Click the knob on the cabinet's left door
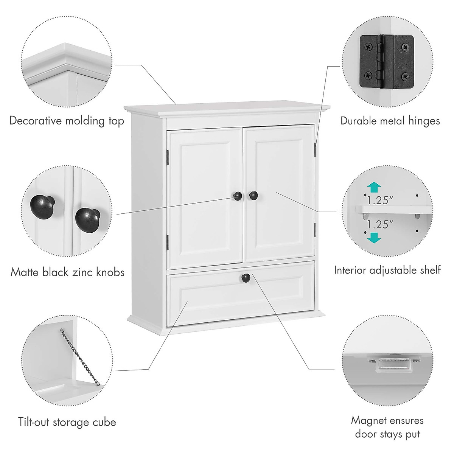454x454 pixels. [238, 196]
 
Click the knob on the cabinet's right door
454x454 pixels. [253, 195]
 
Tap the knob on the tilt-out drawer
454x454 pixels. [246, 278]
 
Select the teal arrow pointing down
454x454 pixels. [374, 237]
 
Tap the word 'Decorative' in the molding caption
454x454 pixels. [36, 121]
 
